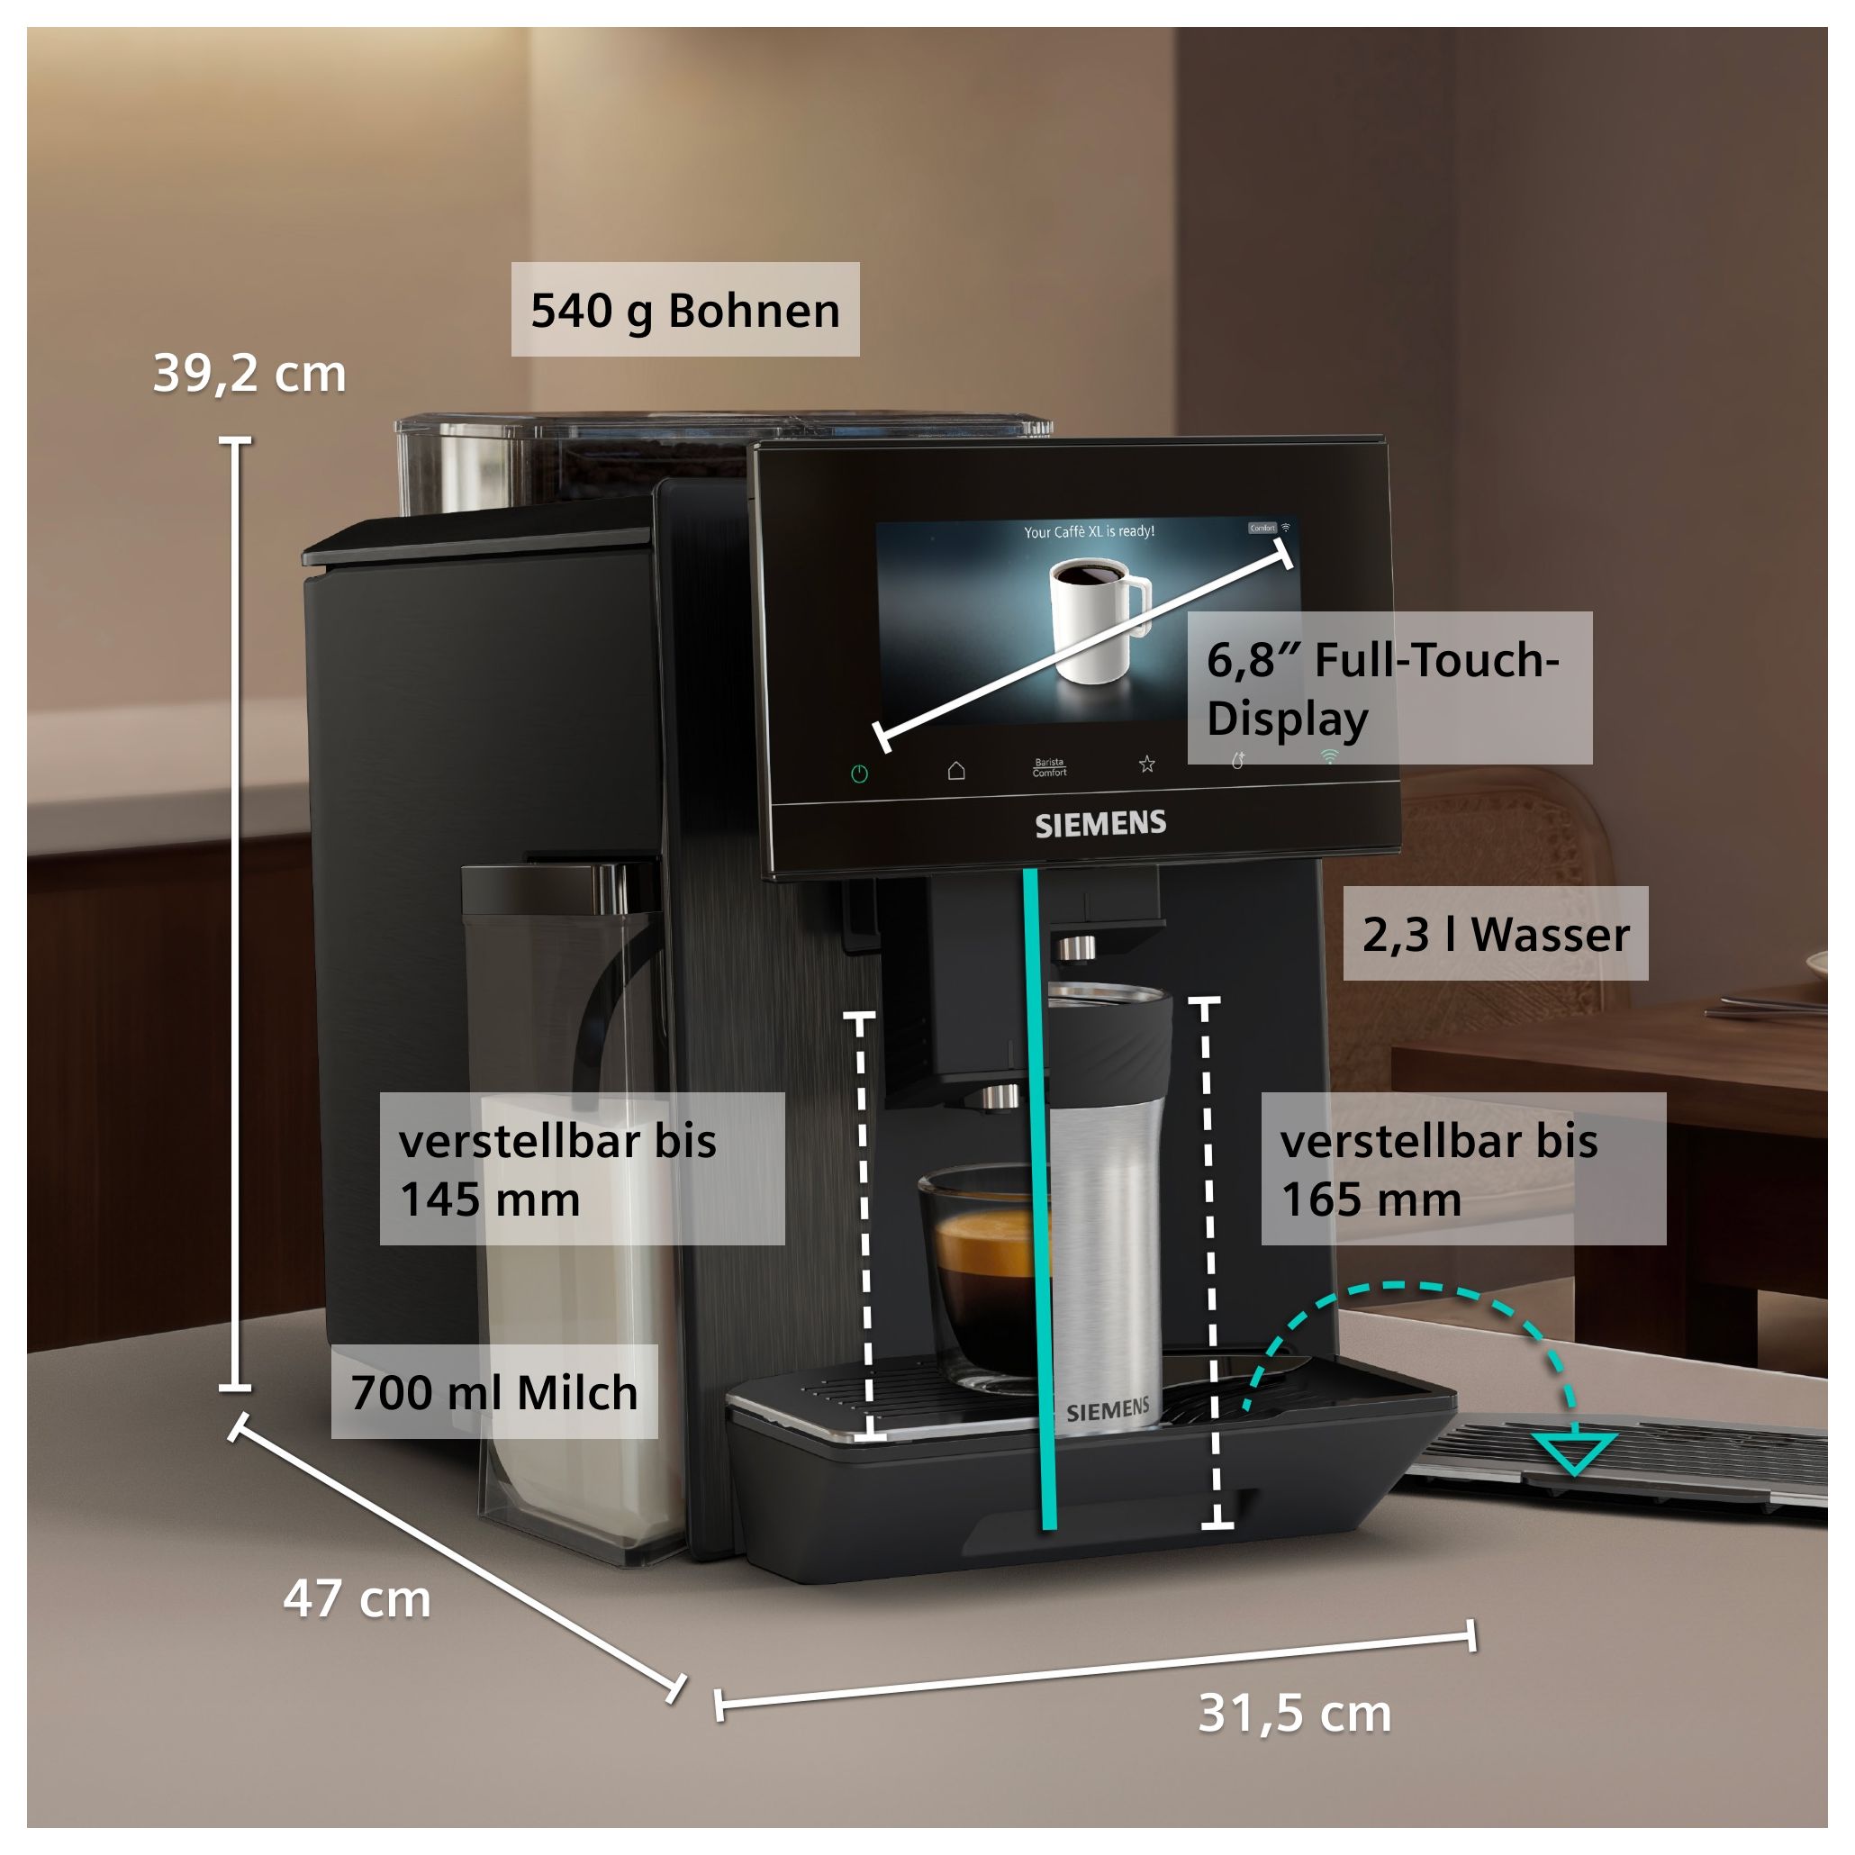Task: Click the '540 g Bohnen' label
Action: tap(684, 310)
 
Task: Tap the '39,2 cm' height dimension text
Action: tap(249, 374)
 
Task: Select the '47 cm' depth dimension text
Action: tap(357, 1598)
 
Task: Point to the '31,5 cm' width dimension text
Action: tap(1294, 1713)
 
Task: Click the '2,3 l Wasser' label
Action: tap(1495, 934)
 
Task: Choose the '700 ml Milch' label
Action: tap(493, 1392)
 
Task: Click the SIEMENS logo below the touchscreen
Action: tap(1100, 824)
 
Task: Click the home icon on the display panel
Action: tap(956, 770)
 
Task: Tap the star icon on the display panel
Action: tap(1146, 765)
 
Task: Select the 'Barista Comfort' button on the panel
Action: tap(1049, 767)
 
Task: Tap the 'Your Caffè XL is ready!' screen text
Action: tap(1089, 531)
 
